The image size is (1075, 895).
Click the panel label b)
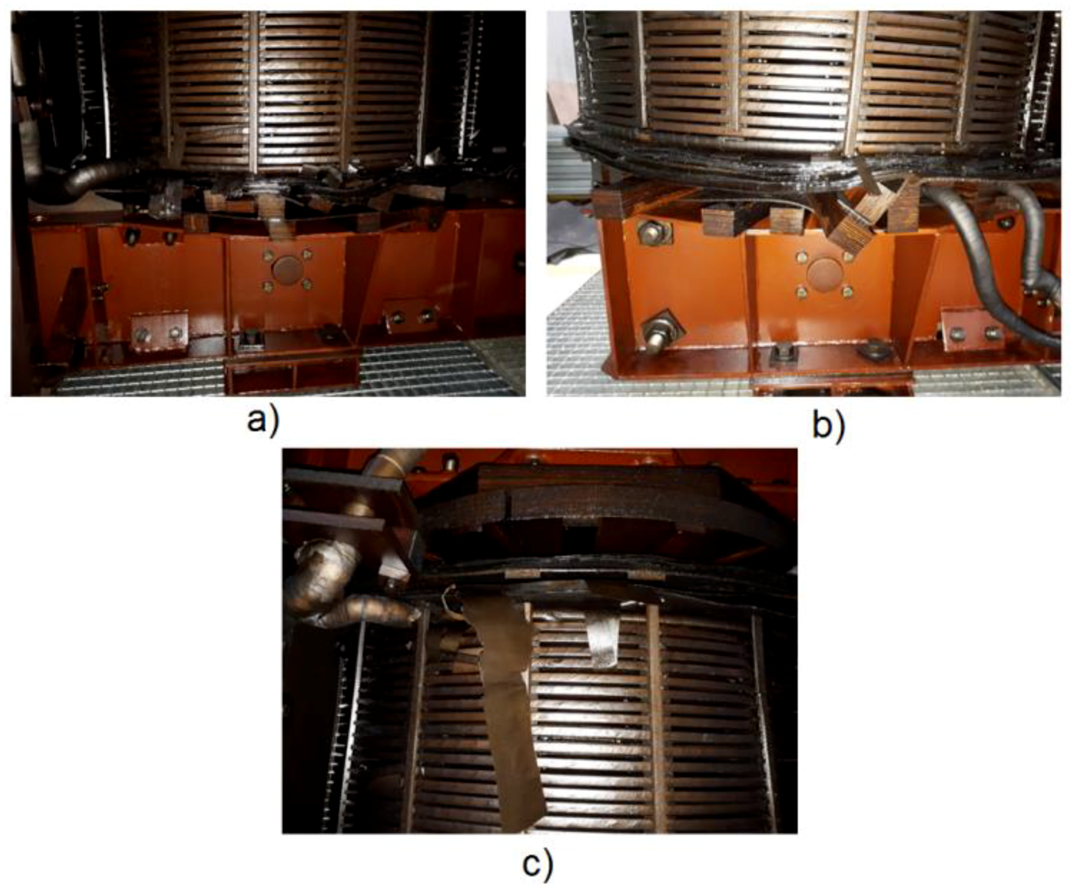[829, 426]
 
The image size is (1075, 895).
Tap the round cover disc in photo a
[286, 269]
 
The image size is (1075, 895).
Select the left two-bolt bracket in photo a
[159, 331]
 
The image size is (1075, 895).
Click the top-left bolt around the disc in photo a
[267, 254]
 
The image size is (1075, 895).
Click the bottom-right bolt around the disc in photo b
[848, 292]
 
